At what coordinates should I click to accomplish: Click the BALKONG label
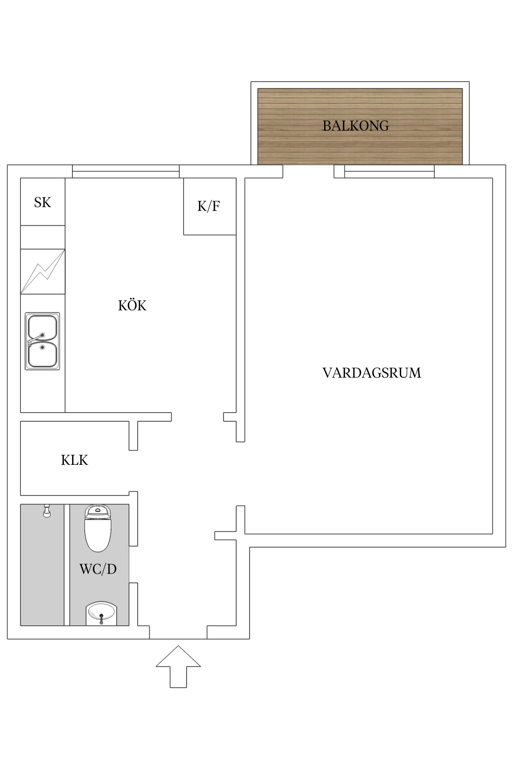click(x=356, y=126)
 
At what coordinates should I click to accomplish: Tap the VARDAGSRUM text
click(x=372, y=373)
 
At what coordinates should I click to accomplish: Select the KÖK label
click(x=132, y=306)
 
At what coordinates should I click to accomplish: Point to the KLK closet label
click(x=75, y=460)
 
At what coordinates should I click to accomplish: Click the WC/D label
click(x=98, y=569)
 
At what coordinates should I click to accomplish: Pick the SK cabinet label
click(x=42, y=203)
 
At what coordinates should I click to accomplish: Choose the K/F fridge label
click(x=209, y=206)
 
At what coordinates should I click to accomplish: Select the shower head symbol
click(x=47, y=511)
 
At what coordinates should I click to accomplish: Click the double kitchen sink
click(x=42, y=341)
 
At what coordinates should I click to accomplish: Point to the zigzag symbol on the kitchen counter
click(x=43, y=272)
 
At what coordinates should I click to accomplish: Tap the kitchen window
click(x=126, y=172)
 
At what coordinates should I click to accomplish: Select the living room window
click(x=389, y=172)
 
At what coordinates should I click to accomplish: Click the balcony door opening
click(x=308, y=172)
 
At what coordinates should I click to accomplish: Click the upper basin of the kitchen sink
click(x=42, y=327)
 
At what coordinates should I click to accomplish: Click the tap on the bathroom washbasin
click(x=101, y=619)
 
